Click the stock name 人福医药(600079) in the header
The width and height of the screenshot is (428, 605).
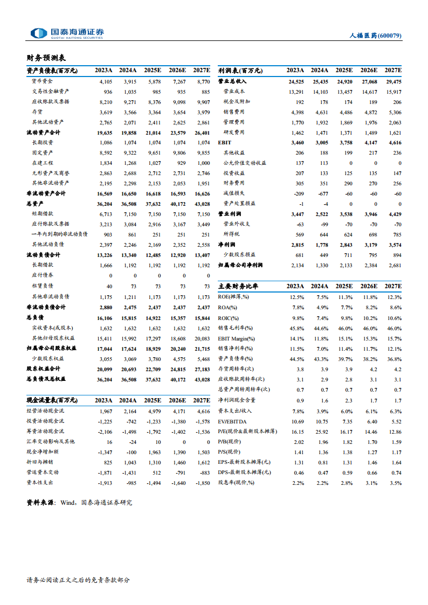376,36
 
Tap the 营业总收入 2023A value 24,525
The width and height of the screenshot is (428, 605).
295,81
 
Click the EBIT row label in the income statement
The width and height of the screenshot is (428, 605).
224,142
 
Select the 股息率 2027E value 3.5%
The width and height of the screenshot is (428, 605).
395,482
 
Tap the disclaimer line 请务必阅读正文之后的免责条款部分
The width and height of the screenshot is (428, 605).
78,580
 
